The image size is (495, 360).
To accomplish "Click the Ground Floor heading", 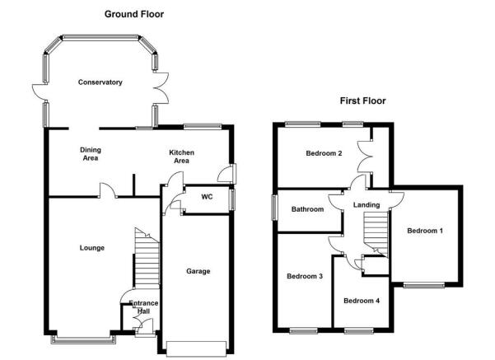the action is [134, 14].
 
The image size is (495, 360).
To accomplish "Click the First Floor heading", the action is [362, 101].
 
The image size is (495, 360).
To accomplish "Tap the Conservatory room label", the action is [100, 82].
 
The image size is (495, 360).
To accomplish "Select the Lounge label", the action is [92, 248].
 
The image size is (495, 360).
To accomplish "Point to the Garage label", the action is [198, 271].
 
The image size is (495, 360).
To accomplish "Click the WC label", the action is [207, 197].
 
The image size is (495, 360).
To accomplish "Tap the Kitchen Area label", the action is [181, 157].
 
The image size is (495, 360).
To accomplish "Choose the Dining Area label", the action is [91, 154].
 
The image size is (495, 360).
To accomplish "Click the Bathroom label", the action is [307, 209].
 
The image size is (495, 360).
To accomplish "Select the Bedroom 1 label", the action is [425, 231].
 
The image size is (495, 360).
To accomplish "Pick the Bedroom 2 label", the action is [324, 153].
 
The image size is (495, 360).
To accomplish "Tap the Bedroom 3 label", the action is [305, 276].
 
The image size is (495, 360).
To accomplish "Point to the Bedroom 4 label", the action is [362, 301].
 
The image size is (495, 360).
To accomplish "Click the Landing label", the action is [367, 205].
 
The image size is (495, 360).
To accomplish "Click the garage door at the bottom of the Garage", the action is [196, 349].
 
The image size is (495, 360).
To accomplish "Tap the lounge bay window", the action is [84, 339].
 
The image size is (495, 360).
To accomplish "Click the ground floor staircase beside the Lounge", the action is [147, 258].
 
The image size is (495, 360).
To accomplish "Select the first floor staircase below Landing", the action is [376, 234].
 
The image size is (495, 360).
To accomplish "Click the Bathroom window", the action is [274, 207].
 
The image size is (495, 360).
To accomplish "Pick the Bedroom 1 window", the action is [424, 286].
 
